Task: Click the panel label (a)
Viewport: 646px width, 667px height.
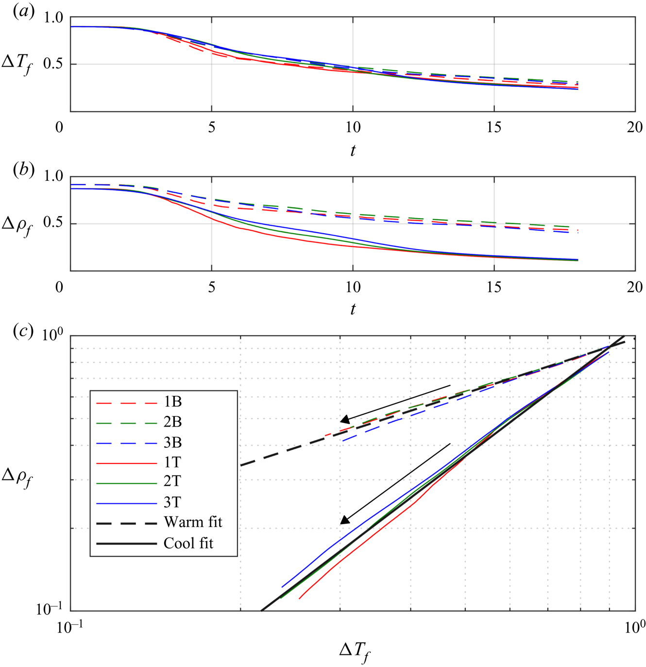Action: [23, 11]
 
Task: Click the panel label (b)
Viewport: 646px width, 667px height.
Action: [23, 171]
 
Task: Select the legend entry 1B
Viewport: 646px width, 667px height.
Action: [172, 402]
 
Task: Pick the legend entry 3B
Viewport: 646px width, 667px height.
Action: [172, 443]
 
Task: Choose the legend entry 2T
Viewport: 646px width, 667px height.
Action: [172, 481]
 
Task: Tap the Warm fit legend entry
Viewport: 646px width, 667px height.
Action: [192, 522]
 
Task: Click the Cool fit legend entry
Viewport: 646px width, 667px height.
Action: [188, 543]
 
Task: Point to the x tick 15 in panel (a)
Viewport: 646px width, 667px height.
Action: [493, 127]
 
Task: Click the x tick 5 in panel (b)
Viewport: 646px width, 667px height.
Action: [211, 287]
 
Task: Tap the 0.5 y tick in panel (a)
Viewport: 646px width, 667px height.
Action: [53, 64]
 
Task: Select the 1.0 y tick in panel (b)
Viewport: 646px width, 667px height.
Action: [53, 176]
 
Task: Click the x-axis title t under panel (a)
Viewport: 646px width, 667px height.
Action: [353, 151]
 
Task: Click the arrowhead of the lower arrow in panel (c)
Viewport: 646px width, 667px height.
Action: [344, 520]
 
